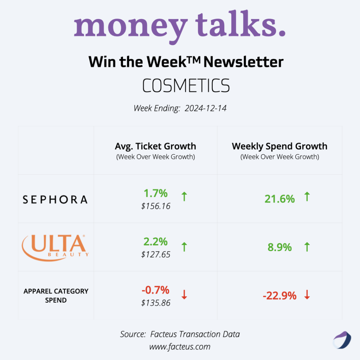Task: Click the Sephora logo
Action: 55,200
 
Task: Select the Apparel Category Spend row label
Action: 56,296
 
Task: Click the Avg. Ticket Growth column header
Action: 155,146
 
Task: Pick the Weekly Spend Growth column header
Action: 279,146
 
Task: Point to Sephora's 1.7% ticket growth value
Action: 155,193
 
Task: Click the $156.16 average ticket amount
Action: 156,206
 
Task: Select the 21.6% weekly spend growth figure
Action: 279,199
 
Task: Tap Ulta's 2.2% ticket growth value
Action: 155,242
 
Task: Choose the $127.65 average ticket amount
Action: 156,255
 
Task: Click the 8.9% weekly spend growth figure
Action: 279,247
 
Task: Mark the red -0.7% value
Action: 155,290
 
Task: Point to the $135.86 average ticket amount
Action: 156,303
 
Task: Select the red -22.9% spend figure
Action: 279,296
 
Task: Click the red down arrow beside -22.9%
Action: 307,295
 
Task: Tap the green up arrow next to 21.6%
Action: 307,197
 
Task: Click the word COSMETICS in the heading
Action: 186,85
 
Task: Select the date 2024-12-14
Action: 206,108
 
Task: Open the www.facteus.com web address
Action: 180,347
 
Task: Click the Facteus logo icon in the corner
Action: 342,340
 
